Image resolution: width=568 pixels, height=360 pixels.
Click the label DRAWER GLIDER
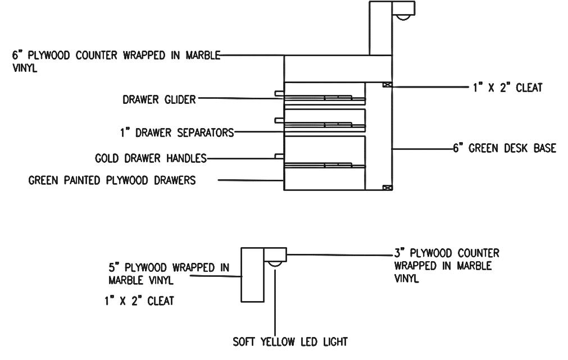pos(159,100)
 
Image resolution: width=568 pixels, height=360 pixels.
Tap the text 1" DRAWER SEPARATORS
pos(176,133)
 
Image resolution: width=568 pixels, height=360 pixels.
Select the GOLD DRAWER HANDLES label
pos(151,158)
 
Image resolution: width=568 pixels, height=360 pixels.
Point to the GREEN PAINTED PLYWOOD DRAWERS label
pos(112,181)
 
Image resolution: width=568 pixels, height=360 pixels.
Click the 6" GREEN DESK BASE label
pos(505,149)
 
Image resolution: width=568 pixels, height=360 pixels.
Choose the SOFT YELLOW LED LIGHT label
pos(290,341)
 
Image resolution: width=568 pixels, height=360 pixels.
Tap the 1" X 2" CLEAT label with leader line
pos(507,88)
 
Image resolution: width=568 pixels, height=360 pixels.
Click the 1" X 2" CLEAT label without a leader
pos(139,301)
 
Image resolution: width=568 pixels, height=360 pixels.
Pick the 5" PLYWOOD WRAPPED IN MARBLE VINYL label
pos(169,274)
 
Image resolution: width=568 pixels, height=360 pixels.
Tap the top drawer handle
pos(279,93)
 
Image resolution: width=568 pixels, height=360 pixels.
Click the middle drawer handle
pos(279,120)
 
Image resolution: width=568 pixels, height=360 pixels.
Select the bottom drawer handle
pos(279,156)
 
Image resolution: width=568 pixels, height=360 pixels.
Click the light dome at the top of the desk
pos(403,17)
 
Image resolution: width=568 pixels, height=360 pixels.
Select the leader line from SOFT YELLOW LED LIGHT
pos(275,303)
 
